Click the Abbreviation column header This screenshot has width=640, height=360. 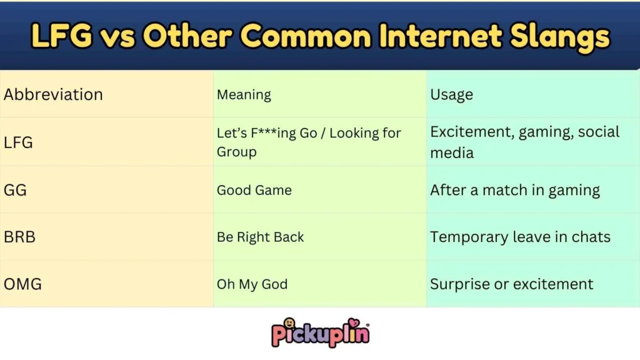click(x=53, y=95)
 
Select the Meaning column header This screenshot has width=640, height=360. click(x=244, y=95)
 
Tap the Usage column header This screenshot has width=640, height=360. click(x=451, y=95)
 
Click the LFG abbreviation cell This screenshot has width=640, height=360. click(x=18, y=142)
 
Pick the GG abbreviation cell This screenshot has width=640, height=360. click(x=15, y=190)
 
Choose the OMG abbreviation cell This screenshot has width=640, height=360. click(x=22, y=284)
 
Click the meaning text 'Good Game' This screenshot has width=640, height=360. click(x=254, y=190)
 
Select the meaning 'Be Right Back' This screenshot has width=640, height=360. click(x=261, y=237)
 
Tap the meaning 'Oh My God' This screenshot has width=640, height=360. click(x=252, y=284)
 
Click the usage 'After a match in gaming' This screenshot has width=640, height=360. click(x=515, y=190)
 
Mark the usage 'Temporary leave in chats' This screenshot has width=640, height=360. click(x=520, y=237)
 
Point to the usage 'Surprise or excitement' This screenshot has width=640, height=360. click(x=511, y=284)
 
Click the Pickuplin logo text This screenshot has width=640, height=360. click(x=320, y=333)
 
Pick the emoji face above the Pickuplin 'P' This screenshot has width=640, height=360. click(x=289, y=322)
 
